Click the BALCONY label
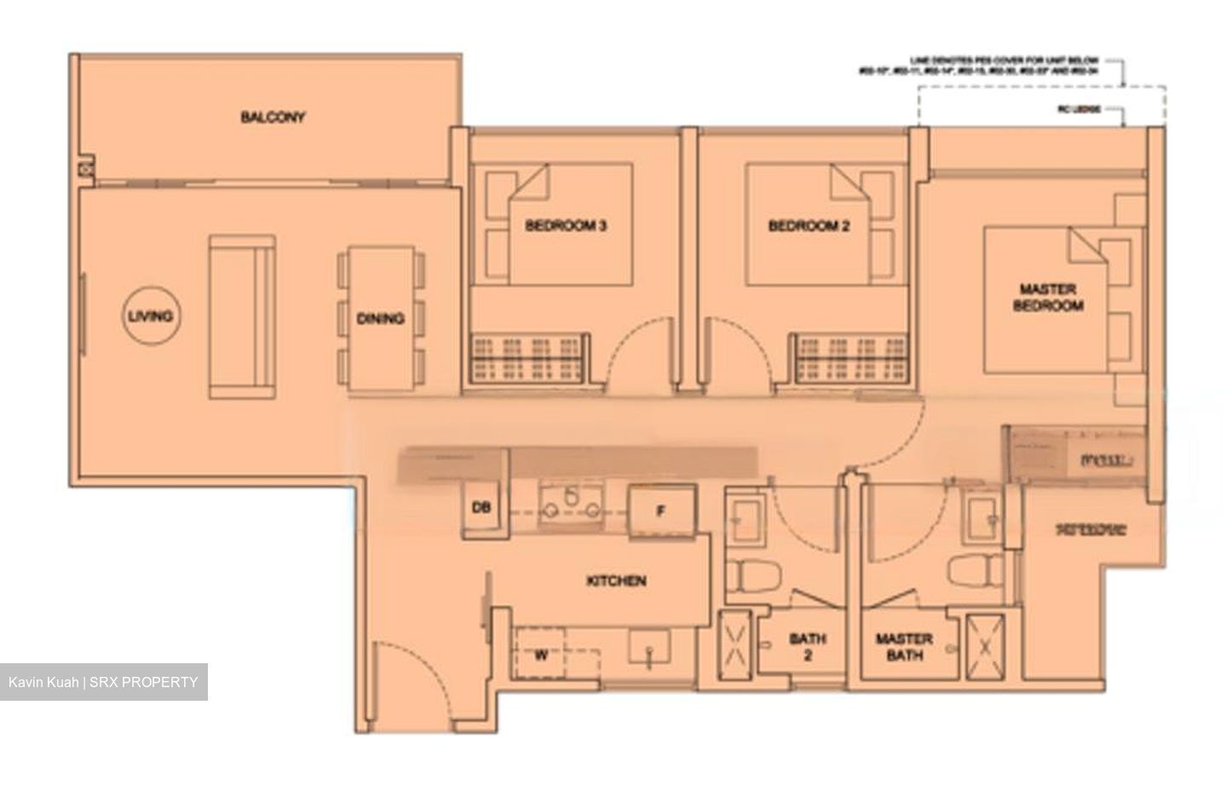coord(273,118)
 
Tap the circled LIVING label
coord(150,316)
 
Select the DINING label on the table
coord(380,319)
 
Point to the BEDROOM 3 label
coord(566,226)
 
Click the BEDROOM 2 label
coord(809,226)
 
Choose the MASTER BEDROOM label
coord(1047,297)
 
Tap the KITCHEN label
coord(616,581)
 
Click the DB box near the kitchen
coord(481,508)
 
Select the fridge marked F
coord(660,511)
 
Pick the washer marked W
coord(541,656)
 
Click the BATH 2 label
coord(807,646)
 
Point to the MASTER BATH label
coord(903,646)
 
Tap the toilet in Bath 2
coord(749,577)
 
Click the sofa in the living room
coord(243,317)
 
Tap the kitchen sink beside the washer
coord(649,648)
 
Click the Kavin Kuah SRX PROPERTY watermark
coord(103,682)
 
